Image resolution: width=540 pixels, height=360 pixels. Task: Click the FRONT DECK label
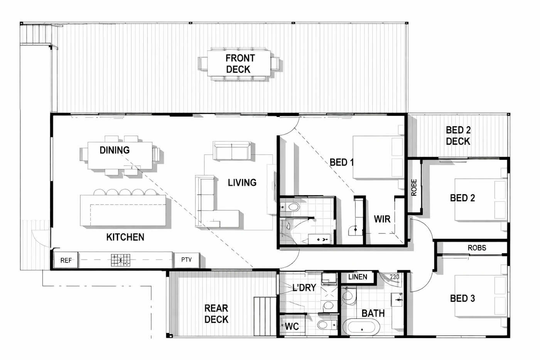(x=238, y=64)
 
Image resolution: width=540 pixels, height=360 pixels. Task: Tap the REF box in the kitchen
(x=66, y=260)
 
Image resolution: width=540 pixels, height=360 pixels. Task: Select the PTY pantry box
(x=187, y=260)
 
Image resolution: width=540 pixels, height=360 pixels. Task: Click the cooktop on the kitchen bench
(x=120, y=260)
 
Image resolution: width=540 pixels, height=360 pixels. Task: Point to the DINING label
(x=115, y=150)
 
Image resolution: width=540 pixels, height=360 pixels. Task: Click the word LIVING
(x=242, y=183)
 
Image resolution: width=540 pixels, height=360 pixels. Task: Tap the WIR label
(x=382, y=219)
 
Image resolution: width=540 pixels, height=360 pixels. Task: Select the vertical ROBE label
(x=414, y=188)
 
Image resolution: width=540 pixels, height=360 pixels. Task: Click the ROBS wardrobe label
(x=477, y=248)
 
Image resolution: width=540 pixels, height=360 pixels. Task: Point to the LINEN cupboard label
(x=358, y=277)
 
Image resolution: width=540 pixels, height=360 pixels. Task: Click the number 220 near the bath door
(x=394, y=277)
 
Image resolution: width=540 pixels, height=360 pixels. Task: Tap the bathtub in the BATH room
(x=361, y=327)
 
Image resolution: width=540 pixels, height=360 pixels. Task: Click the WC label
(x=292, y=326)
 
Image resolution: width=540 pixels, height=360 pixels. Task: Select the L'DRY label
(x=304, y=287)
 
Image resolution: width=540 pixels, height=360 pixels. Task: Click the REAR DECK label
(x=216, y=314)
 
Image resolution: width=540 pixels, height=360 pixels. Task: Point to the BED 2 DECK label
(x=458, y=136)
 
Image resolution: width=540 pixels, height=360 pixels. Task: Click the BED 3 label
(x=462, y=299)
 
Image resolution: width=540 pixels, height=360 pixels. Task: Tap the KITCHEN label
(x=125, y=237)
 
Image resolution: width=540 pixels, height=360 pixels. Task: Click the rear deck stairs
(x=265, y=316)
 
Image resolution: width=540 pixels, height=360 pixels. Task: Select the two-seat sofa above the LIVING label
(x=232, y=151)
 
